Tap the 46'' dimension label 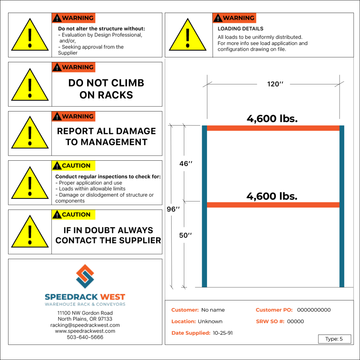tap(186, 164)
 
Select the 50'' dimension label tap(186, 236)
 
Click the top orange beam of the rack tap(273, 128)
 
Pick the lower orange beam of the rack tap(273, 205)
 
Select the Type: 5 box tap(334, 339)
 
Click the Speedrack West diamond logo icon tap(85, 276)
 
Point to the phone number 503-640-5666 tap(85, 337)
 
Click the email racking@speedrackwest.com tap(85, 325)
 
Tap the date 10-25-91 tap(223, 333)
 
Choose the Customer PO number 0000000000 tap(314, 310)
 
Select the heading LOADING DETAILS tap(240, 29)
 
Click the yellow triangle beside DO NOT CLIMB tap(30, 85)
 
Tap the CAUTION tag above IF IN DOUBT tap(73, 214)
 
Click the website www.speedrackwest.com tap(85, 331)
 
